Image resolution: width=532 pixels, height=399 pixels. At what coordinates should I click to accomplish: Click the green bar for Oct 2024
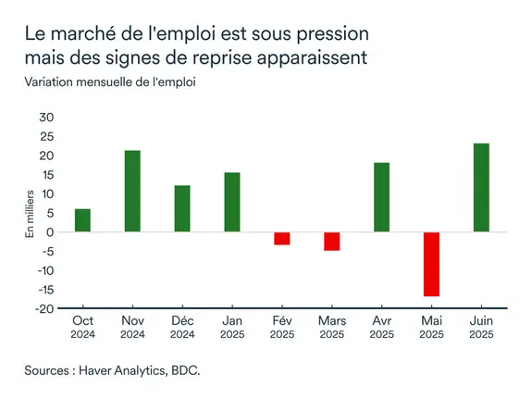coord(82,220)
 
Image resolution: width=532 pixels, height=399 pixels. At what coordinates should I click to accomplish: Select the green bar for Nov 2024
coord(132,191)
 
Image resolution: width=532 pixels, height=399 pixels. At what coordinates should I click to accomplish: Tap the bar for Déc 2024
coord(182,208)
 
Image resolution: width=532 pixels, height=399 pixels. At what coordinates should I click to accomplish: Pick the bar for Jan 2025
coord(231,202)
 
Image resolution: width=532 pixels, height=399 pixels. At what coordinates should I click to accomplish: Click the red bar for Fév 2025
coord(281,238)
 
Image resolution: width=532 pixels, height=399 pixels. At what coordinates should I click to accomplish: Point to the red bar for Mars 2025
coord(331,241)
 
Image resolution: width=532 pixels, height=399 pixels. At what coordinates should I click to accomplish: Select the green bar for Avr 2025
coord(381,197)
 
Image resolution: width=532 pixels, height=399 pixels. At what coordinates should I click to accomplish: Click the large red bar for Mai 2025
coord(431,264)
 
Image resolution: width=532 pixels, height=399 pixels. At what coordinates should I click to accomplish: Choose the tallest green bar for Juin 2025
coord(481,187)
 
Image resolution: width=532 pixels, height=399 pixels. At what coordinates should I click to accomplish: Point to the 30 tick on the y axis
coord(47,118)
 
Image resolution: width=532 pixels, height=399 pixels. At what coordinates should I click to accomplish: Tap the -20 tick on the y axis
coord(45,309)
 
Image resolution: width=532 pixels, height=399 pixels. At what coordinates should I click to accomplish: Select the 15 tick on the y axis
coord(47,175)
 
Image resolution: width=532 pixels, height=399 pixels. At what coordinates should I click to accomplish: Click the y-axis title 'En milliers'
coord(29,213)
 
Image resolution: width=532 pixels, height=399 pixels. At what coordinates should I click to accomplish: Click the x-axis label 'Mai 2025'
coord(431,327)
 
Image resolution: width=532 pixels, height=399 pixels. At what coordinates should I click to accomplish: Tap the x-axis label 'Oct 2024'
coord(82,327)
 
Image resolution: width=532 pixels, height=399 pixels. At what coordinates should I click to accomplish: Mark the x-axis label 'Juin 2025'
coord(481,327)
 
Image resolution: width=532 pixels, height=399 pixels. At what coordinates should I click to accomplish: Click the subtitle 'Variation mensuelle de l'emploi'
coord(112,80)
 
